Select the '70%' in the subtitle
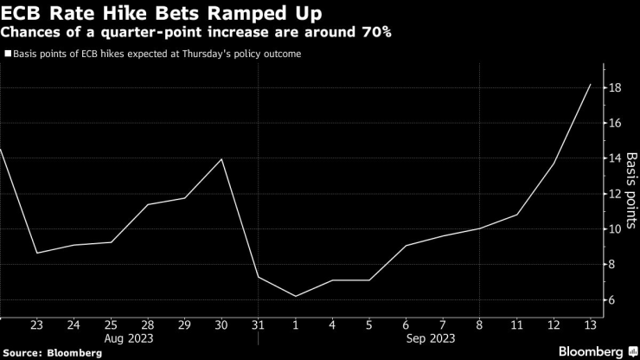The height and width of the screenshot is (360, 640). (x=374, y=33)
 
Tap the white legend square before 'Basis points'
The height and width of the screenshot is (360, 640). (x=7, y=54)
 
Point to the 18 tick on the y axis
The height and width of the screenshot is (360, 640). (x=614, y=87)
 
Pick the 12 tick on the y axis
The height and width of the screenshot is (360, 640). (x=614, y=194)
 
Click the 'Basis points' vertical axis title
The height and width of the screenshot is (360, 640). (x=631, y=184)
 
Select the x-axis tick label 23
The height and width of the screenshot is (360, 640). (x=36, y=326)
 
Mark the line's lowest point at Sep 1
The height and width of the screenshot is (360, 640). (x=295, y=296)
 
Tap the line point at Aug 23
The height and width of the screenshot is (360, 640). (x=36, y=253)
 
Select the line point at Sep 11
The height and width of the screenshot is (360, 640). (x=517, y=215)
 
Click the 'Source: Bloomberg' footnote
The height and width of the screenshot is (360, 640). (x=53, y=353)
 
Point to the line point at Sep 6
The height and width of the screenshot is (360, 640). (x=406, y=246)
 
